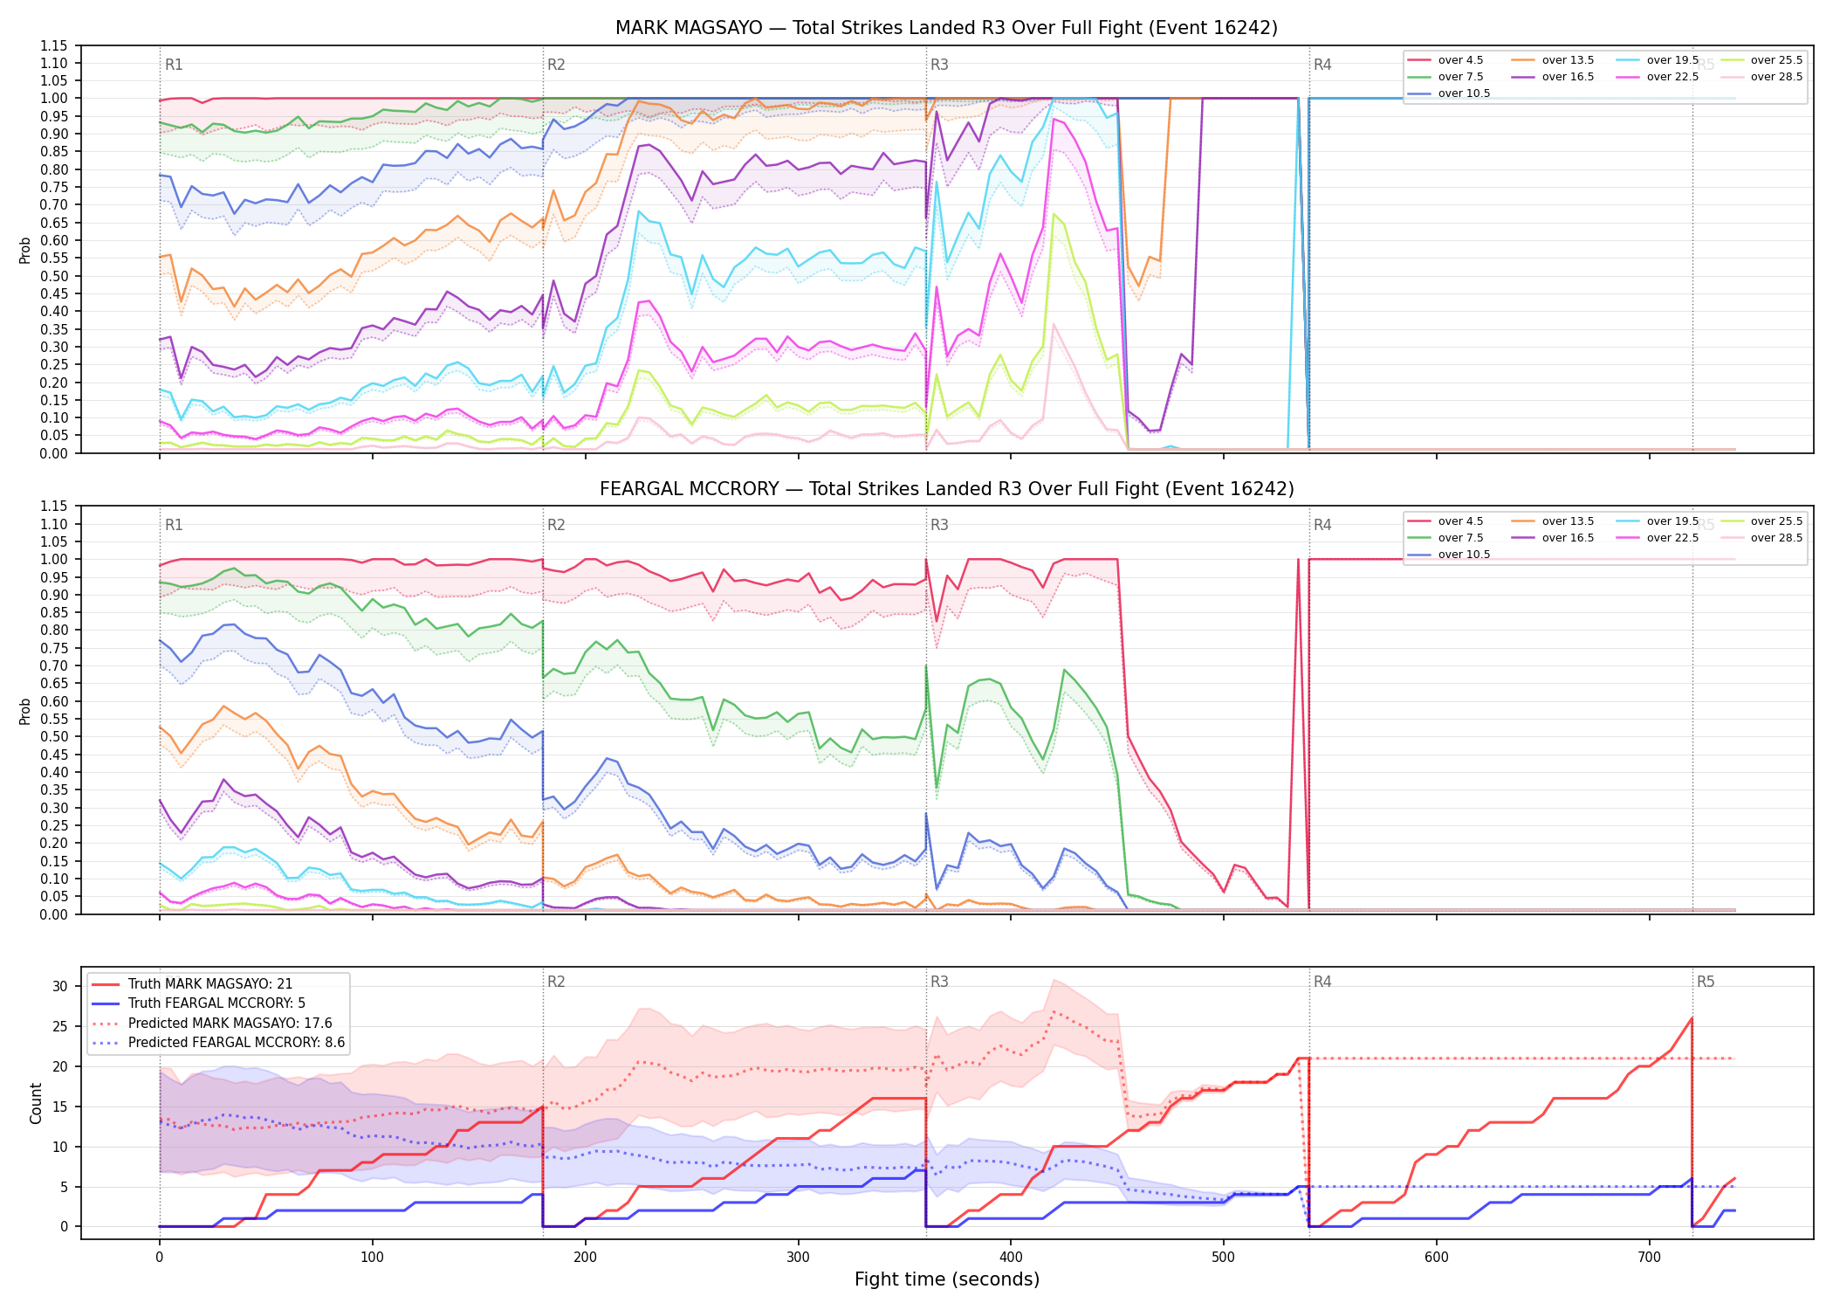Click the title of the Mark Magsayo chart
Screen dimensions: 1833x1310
tap(946, 28)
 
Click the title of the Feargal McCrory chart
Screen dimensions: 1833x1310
tap(946, 489)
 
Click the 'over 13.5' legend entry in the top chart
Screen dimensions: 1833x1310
tap(1553, 60)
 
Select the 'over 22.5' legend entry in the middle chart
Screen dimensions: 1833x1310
tap(1658, 538)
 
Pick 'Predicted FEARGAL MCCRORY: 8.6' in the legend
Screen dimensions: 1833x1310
tap(218, 1043)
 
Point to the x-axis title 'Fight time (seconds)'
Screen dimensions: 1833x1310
tap(947, 1279)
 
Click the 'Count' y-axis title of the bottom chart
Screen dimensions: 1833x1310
tap(36, 1103)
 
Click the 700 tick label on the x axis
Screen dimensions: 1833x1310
tap(1649, 1258)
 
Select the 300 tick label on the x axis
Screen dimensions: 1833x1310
tap(798, 1258)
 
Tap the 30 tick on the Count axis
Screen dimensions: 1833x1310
tap(60, 986)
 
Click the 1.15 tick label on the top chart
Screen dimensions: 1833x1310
tap(54, 45)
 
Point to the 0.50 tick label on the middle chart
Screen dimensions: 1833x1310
tap(54, 737)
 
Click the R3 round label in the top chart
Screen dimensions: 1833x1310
tap(939, 65)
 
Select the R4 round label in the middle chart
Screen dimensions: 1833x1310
tap(1322, 525)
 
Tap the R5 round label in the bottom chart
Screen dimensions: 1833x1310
tap(1706, 982)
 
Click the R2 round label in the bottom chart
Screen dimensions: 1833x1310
tap(556, 982)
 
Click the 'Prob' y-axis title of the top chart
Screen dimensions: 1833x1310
tap(25, 250)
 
